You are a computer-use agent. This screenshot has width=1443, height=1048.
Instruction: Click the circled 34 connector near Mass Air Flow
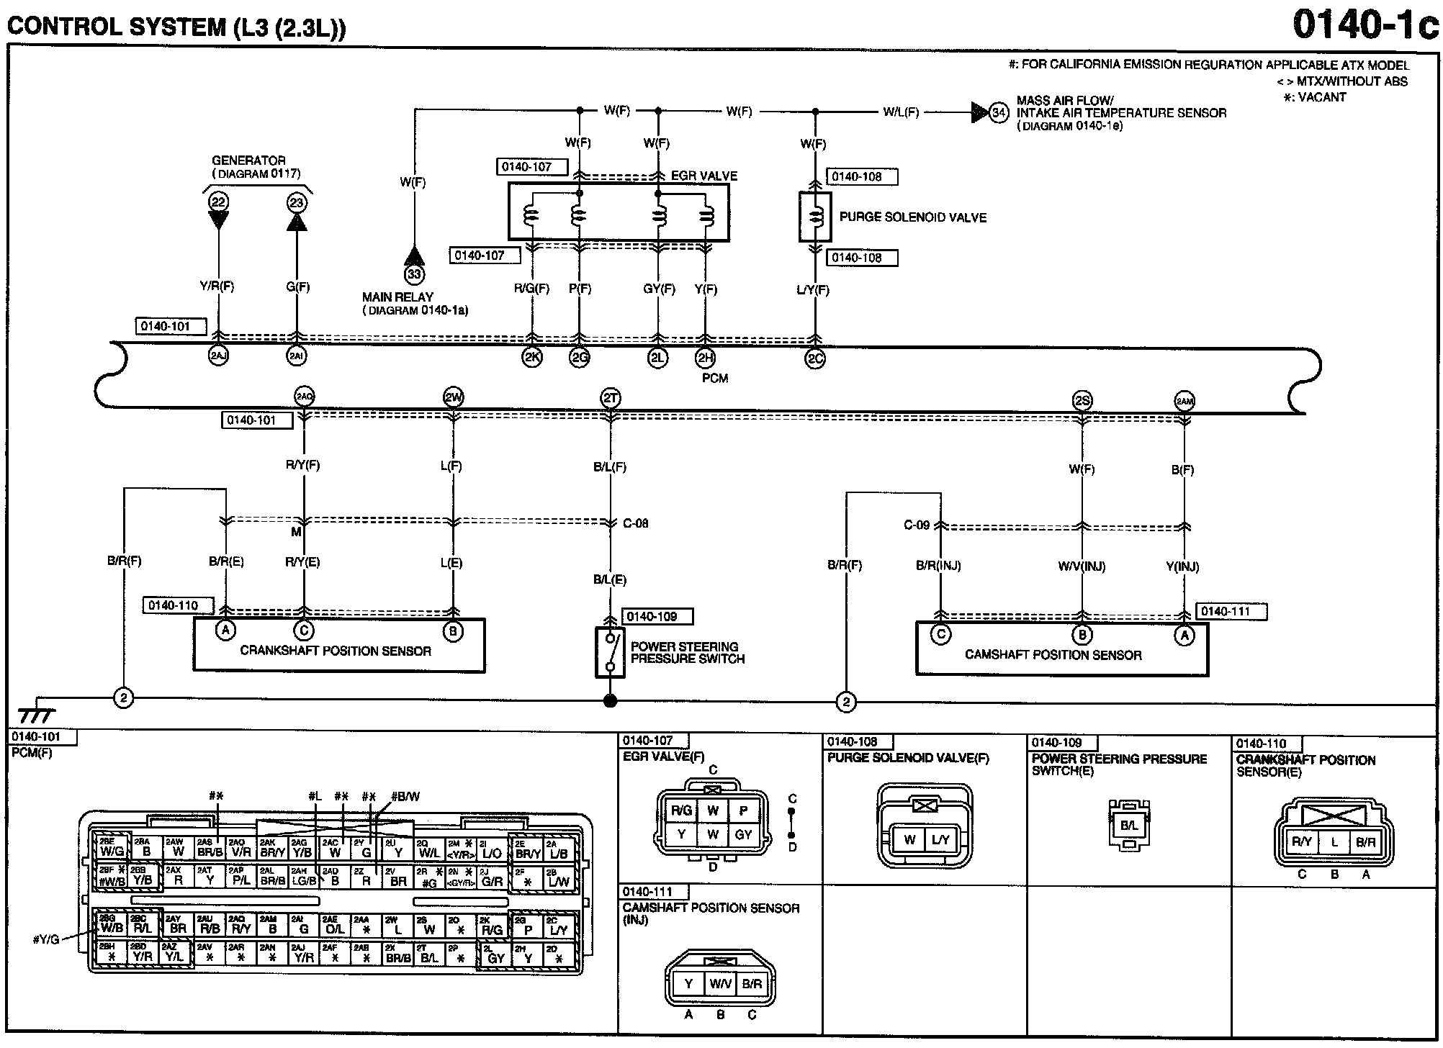[999, 113]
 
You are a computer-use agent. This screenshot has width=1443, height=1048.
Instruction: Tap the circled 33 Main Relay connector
[414, 274]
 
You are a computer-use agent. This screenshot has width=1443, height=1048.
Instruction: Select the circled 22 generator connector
[218, 202]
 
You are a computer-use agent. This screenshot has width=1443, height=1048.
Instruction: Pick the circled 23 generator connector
[297, 202]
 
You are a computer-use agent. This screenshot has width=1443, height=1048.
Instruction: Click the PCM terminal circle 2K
[532, 357]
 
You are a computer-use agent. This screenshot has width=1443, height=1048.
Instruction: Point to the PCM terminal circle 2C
[815, 358]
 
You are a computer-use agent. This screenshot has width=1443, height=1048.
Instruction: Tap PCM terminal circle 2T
[610, 398]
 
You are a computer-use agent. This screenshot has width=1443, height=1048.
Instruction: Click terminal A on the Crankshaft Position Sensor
[226, 631]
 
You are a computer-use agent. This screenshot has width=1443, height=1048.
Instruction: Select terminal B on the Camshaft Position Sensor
[1082, 634]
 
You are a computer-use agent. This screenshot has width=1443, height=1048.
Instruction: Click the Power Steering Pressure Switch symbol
[610, 651]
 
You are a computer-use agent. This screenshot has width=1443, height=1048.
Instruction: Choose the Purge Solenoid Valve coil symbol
[815, 217]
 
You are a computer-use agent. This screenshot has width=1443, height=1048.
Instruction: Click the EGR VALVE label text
[703, 176]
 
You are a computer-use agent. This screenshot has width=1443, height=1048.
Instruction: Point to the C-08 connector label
[635, 523]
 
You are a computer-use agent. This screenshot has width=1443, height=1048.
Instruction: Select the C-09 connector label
[917, 525]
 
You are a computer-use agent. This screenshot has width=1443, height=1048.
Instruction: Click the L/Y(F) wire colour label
[813, 290]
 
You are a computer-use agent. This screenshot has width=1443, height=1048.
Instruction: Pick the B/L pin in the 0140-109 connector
[1129, 826]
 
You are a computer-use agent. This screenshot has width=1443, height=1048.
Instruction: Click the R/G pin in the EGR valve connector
[681, 810]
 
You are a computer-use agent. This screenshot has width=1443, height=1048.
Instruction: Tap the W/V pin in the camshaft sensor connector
[720, 984]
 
